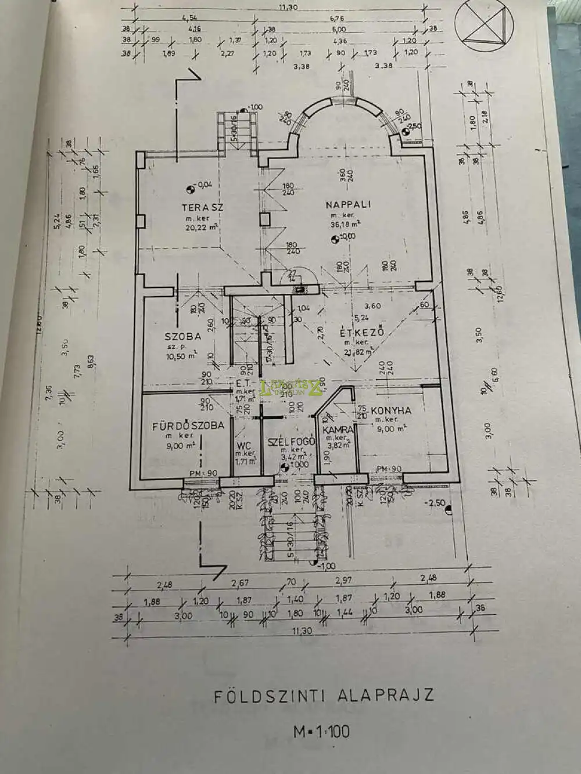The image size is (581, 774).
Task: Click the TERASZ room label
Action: [202, 207]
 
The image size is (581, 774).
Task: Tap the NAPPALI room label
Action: [348, 204]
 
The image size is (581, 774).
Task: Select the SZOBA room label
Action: [182, 336]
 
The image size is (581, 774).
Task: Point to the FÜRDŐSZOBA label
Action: [188, 426]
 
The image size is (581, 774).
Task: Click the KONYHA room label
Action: [391, 411]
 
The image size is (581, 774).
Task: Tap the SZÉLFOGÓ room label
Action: [291, 442]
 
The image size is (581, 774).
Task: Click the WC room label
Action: [244, 446]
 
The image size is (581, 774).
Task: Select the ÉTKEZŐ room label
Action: [363, 333]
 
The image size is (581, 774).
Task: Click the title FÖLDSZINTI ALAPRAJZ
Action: [324, 696]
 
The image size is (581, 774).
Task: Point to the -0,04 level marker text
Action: [203, 185]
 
